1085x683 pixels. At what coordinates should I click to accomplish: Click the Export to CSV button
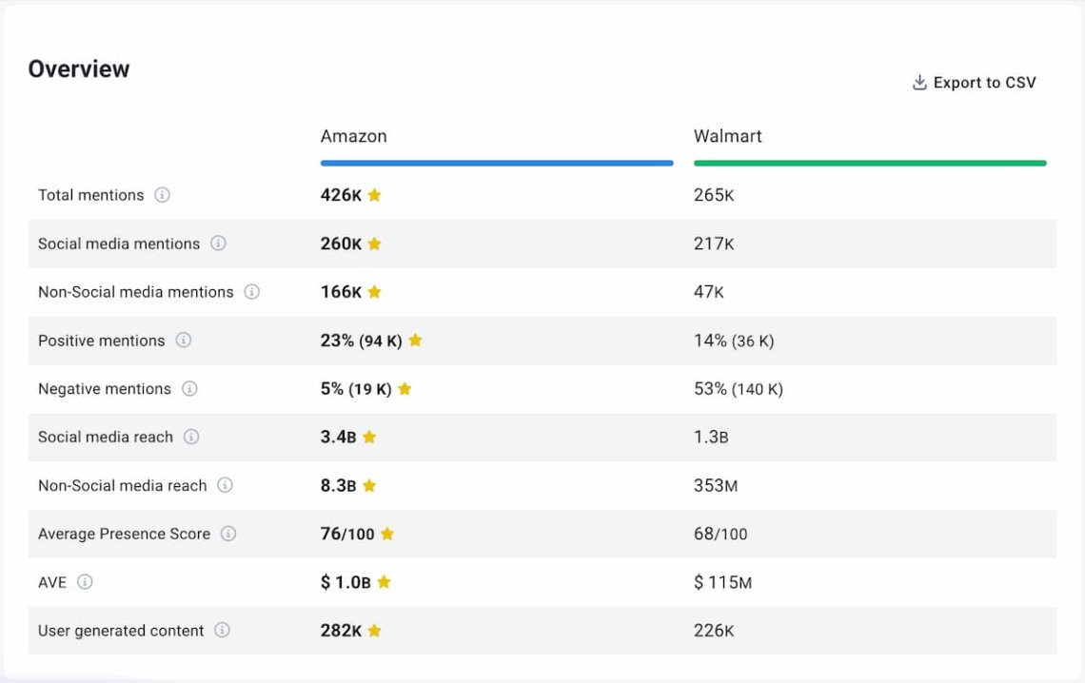(x=974, y=83)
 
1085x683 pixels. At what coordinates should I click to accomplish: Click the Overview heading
(x=79, y=68)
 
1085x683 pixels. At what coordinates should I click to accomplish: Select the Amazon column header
(x=353, y=136)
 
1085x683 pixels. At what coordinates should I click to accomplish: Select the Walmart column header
(x=727, y=136)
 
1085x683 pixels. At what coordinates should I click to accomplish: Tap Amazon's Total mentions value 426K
(x=341, y=195)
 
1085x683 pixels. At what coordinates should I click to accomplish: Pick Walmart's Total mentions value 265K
(x=714, y=195)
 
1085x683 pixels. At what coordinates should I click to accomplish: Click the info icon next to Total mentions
(x=163, y=195)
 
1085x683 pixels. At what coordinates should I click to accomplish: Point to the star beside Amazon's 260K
(x=374, y=244)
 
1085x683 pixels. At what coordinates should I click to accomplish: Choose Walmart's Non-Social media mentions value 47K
(x=708, y=292)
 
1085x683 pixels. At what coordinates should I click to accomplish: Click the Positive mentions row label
(x=101, y=341)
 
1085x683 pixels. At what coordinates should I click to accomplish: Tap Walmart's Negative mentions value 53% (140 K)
(x=738, y=389)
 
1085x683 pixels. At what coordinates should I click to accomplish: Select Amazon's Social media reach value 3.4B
(x=338, y=438)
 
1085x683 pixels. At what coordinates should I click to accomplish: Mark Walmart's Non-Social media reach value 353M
(x=715, y=486)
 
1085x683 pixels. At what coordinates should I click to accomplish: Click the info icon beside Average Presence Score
(x=228, y=534)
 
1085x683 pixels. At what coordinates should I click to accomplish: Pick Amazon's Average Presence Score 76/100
(x=347, y=535)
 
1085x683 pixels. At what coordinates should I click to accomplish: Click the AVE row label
(x=52, y=582)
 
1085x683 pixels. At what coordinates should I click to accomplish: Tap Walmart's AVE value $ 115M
(x=722, y=582)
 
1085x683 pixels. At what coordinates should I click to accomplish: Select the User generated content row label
(x=121, y=631)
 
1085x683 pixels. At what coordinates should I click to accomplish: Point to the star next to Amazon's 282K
(x=374, y=631)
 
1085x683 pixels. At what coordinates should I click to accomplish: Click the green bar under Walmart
(x=870, y=164)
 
